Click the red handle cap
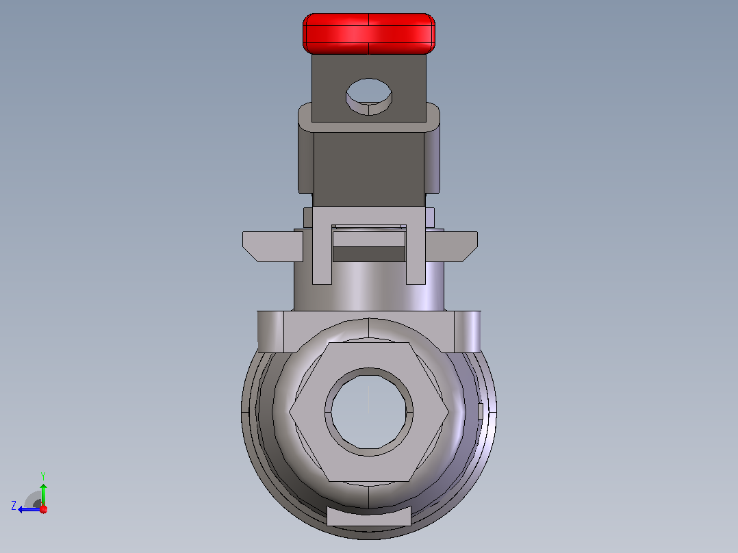pos(368,34)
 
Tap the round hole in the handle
pos(369,97)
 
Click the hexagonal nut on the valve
pos(368,412)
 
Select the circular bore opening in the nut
pos(368,412)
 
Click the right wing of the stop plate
pos(451,246)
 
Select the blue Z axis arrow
pos(29,509)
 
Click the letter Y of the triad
pos(43,476)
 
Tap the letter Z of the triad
pos(14,506)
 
